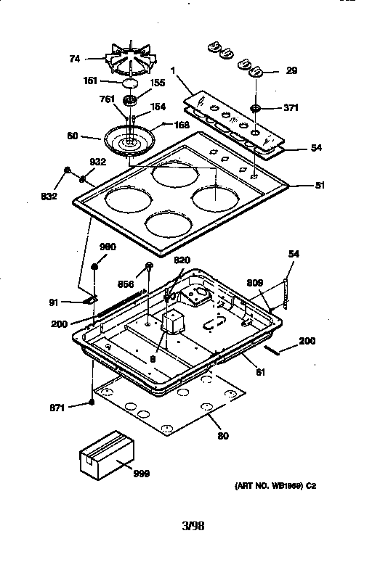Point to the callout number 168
point(182,125)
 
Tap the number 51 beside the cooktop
point(319,184)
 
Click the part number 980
point(108,247)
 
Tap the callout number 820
point(182,260)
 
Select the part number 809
point(254,283)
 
